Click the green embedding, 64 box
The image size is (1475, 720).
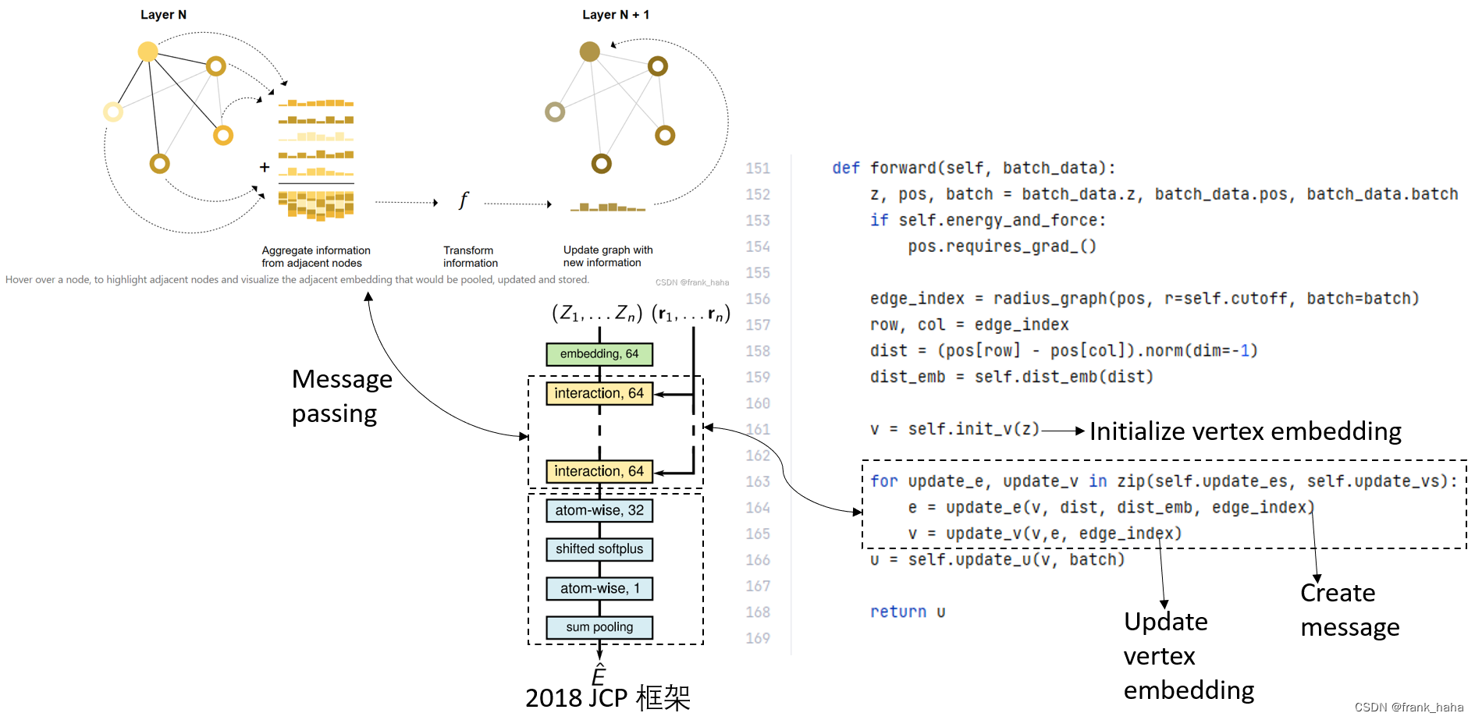click(599, 354)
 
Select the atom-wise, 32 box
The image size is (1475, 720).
click(599, 510)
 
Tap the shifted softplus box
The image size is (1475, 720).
click(599, 549)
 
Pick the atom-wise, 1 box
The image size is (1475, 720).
click(599, 588)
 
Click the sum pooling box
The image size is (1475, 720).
click(599, 627)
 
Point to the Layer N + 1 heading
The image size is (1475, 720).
click(616, 15)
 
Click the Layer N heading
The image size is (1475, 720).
click(163, 15)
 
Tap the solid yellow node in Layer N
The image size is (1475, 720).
click(147, 51)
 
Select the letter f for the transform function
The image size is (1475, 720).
click(463, 200)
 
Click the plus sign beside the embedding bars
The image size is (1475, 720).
click(265, 167)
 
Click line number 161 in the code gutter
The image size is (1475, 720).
click(757, 429)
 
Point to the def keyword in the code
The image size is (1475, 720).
click(845, 168)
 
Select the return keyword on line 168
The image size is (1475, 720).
click(897, 612)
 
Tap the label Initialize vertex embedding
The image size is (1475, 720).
click(1245, 431)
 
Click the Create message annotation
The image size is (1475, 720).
click(1349, 610)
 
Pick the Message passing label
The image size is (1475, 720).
click(341, 396)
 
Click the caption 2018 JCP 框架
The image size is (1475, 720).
click(607, 697)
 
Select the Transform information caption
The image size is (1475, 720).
click(470, 257)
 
